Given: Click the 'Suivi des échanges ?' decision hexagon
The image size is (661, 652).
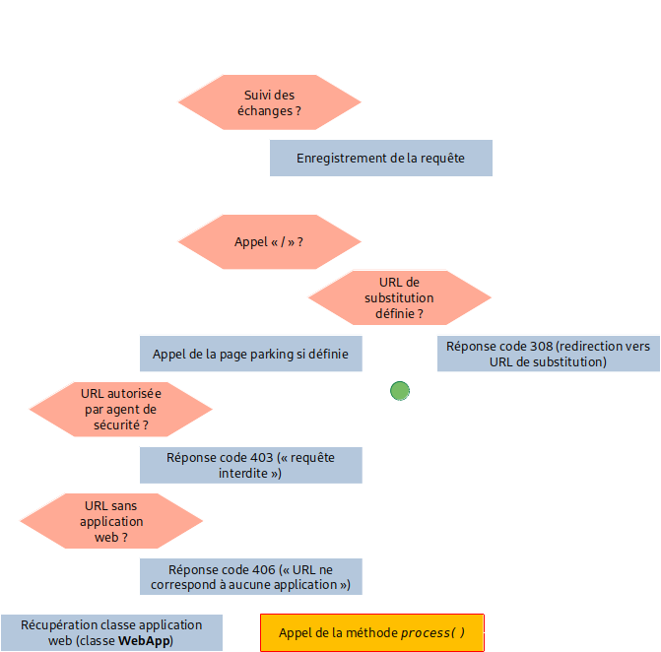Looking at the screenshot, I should (x=269, y=102).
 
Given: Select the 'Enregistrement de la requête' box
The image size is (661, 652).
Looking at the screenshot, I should (x=380, y=158).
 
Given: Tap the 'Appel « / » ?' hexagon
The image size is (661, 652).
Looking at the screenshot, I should (x=269, y=241).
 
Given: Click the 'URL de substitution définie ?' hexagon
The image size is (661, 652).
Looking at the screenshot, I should (x=399, y=297).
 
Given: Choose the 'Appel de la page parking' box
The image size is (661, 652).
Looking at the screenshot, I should (x=250, y=354).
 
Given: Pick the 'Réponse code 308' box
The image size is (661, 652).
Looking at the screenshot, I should (x=548, y=354).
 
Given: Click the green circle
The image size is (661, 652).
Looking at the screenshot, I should (x=399, y=391).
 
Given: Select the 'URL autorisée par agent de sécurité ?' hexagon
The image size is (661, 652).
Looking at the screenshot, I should (x=120, y=409).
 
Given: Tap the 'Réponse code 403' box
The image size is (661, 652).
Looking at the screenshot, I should (x=250, y=465).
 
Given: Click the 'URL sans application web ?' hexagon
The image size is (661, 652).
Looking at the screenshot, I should (x=111, y=521).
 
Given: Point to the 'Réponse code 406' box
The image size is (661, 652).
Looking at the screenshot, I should (x=250, y=576).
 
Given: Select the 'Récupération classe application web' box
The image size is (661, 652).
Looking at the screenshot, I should (x=111, y=632).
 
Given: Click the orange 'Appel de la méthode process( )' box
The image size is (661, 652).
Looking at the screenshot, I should (x=371, y=632).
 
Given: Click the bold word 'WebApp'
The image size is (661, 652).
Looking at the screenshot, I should (x=145, y=641).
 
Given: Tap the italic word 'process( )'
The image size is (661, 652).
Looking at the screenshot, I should (x=432, y=632).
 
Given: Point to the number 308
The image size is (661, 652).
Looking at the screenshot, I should (x=537, y=346).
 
